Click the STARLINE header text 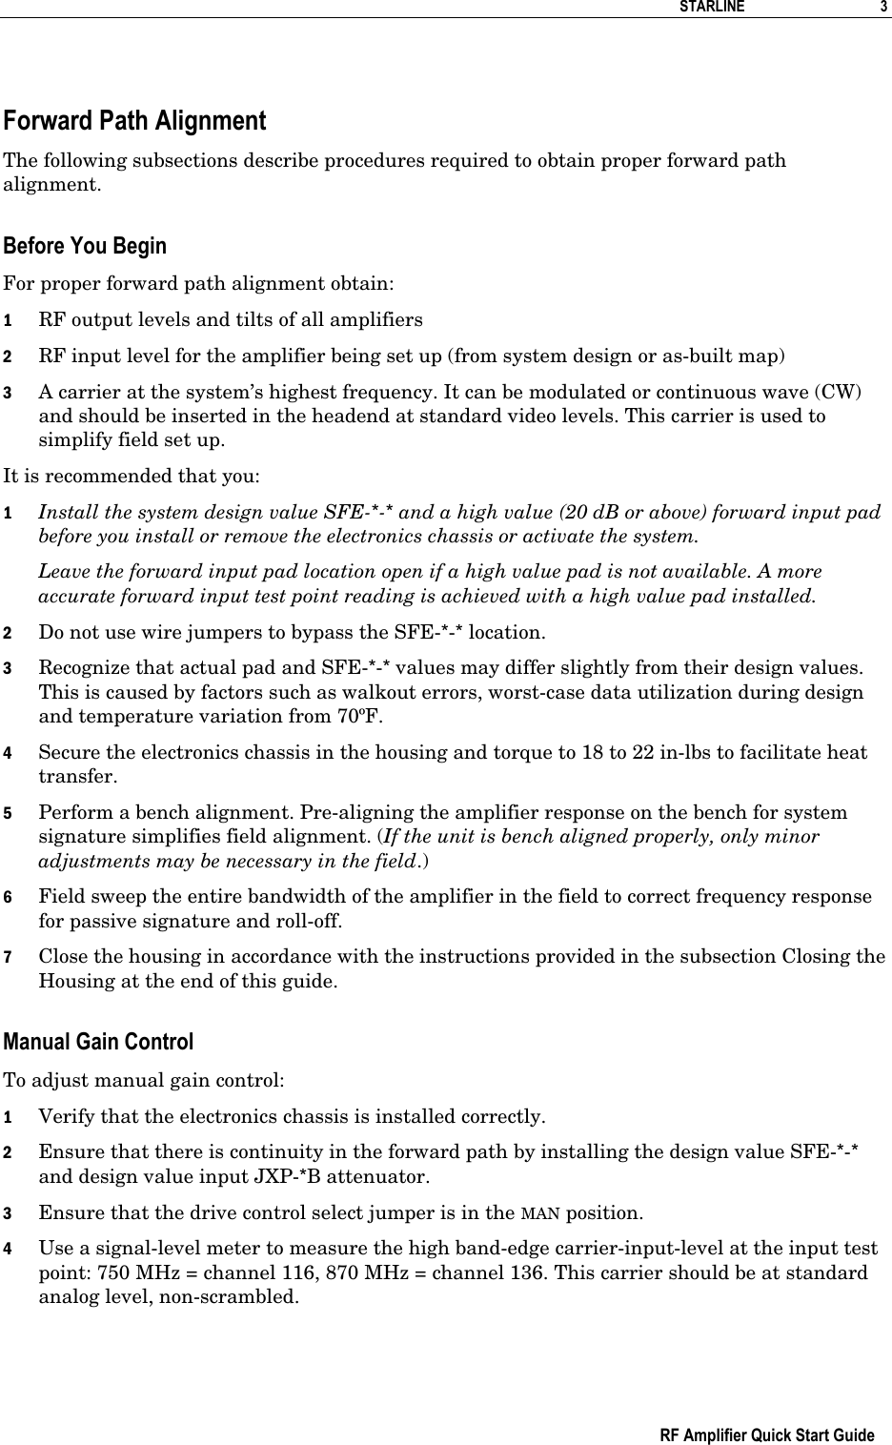click(710, 8)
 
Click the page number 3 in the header click(882, 8)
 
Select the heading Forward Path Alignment click(134, 122)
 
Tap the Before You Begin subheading click(85, 246)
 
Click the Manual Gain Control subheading click(98, 1042)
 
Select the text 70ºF click(360, 717)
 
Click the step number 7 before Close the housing click(8, 957)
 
